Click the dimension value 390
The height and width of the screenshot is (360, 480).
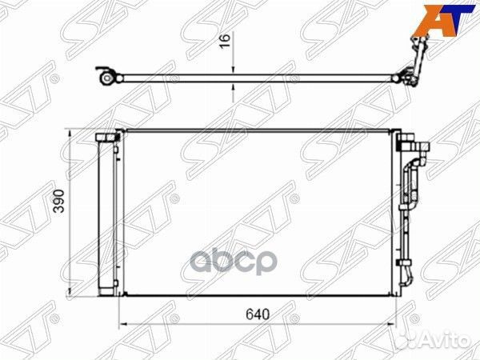pos(58,201)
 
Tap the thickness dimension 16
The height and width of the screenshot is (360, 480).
pos(225,41)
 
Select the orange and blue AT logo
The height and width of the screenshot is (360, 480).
pos(443,20)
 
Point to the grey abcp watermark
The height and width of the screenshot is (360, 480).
pos(234,262)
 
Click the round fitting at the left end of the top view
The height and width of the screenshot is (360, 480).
pos(106,78)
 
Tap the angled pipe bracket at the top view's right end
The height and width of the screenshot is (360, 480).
pos(417,60)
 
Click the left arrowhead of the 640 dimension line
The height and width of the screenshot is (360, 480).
pos(122,323)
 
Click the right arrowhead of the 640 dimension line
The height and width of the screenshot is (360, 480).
pos(392,323)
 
